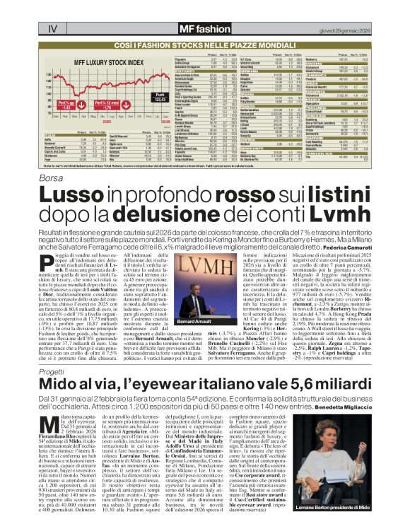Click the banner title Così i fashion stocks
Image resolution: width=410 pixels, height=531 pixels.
coord(205,43)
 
